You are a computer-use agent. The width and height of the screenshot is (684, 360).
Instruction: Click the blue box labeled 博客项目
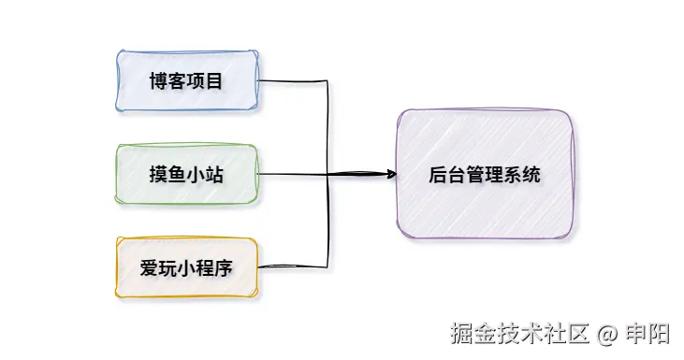click(x=186, y=81)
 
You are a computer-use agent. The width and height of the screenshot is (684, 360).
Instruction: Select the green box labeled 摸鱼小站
click(x=186, y=175)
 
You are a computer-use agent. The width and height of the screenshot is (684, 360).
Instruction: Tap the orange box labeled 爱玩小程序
click(x=186, y=268)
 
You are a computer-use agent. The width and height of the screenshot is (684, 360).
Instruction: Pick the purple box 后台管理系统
click(x=484, y=174)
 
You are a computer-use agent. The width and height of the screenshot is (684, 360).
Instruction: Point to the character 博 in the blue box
click(x=157, y=81)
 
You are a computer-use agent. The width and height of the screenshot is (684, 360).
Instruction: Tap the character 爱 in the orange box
click(x=148, y=269)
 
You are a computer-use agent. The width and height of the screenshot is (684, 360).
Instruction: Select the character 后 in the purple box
click(x=436, y=175)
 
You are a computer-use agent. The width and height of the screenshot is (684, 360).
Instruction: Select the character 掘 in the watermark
click(x=460, y=333)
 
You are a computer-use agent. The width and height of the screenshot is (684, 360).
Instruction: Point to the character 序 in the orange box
click(x=224, y=269)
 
